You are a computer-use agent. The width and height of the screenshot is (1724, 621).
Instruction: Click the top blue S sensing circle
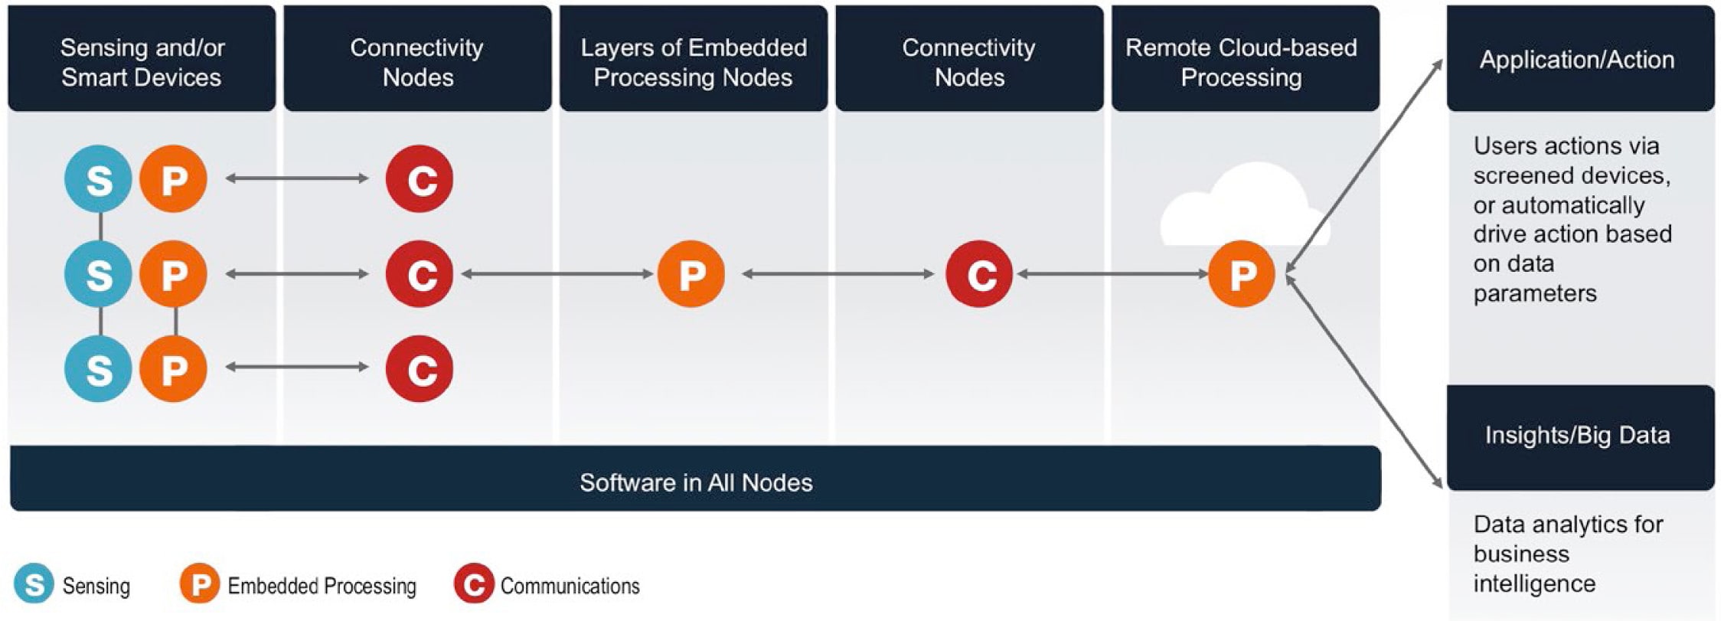click(x=98, y=179)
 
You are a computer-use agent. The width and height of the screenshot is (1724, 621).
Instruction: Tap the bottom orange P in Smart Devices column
click(x=173, y=368)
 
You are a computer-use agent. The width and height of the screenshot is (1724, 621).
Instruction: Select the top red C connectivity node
click(x=420, y=179)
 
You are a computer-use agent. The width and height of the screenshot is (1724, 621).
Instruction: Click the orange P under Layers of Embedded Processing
click(x=691, y=274)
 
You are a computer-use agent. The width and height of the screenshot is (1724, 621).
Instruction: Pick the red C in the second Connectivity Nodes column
click(x=979, y=274)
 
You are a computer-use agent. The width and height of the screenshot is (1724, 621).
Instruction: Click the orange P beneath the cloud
click(x=1241, y=274)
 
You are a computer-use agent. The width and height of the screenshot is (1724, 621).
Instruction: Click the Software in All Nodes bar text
click(x=695, y=482)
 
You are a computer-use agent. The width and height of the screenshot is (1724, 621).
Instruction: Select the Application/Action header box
click(x=1579, y=60)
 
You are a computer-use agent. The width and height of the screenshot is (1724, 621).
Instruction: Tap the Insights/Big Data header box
click(x=1579, y=436)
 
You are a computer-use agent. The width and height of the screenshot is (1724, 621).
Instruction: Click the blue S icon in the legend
click(x=34, y=584)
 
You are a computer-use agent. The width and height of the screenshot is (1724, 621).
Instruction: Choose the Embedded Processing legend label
click(x=322, y=586)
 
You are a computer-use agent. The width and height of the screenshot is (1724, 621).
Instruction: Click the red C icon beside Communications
click(x=474, y=584)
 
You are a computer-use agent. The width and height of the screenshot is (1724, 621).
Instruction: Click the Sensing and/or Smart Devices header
click(x=142, y=61)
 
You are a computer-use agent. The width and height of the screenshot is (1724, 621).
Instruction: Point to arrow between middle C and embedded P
click(x=557, y=274)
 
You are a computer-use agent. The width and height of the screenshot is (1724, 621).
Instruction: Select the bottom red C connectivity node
click(x=420, y=368)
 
